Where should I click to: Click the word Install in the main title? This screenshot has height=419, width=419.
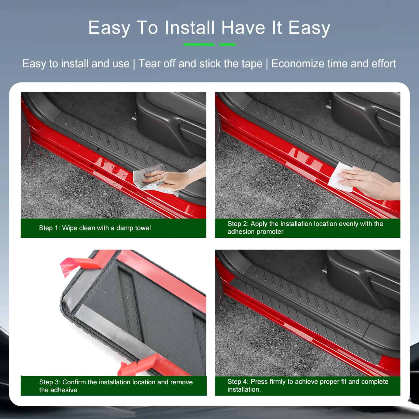(190, 28)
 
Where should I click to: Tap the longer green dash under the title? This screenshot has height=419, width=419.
(199, 44)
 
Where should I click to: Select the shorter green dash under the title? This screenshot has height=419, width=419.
(227, 44)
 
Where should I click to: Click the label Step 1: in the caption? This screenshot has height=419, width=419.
(49, 228)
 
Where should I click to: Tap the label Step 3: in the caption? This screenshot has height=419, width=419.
(50, 382)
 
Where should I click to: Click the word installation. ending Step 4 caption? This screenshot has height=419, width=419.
(244, 389)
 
